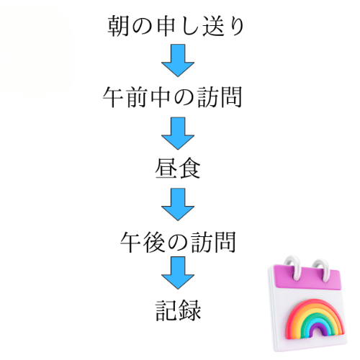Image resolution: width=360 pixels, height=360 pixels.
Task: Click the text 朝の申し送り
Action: pyautogui.click(x=176, y=26)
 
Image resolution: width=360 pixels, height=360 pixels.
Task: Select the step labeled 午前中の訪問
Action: pyautogui.click(x=172, y=97)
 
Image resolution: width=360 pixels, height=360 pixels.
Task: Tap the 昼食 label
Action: pyautogui.click(x=178, y=168)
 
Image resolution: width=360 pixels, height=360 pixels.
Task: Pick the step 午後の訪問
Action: pyautogui.click(x=178, y=242)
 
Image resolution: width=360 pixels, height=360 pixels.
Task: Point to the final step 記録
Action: pyautogui.click(x=178, y=310)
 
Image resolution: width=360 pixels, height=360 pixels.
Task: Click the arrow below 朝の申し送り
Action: pyautogui.click(x=178, y=60)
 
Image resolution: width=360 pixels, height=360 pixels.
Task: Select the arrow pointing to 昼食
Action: pyautogui.click(x=178, y=133)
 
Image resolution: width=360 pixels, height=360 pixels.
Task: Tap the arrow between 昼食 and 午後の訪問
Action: pyautogui.click(x=178, y=204)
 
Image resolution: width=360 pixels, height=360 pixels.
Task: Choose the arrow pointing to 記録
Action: pyautogui.click(x=178, y=273)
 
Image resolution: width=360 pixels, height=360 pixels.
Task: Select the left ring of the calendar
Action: pyautogui.click(x=293, y=268)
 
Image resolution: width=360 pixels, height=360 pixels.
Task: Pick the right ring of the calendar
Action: pyautogui.click(x=321, y=271)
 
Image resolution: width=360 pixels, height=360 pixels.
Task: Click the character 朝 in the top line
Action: pyautogui.click(x=118, y=26)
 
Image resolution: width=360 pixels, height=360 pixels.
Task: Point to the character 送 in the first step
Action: pyautogui.click(x=213, y=26)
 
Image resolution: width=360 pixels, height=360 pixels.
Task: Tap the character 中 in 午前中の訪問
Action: pyautogui.click(x=161, y=97)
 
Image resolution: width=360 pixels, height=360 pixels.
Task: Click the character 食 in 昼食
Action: pyautogui.click(x=189, y=168)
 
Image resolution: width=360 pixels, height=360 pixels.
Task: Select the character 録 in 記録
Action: pyautogui.click(x=190, y=310)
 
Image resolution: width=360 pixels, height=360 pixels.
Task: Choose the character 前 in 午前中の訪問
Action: pyautogui.click(x=137, y=97)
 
